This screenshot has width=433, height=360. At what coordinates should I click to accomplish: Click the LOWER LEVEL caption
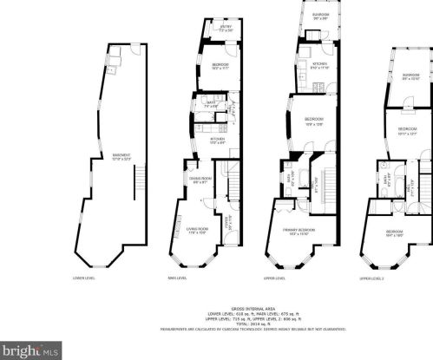[x=83, y=278]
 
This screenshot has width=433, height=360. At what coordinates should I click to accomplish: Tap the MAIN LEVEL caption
[x=178, y=278]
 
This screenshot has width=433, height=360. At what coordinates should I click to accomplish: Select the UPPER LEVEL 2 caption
[x=371, y=278]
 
